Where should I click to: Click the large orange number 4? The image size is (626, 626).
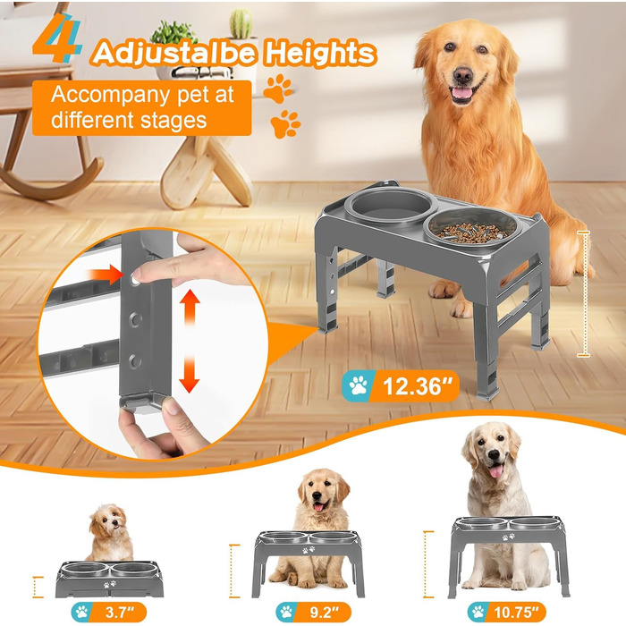(55, 38)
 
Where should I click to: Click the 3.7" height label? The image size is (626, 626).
(108, 612)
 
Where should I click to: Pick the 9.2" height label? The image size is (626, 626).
(313, 612)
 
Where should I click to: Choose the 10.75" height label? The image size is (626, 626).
(506, 612)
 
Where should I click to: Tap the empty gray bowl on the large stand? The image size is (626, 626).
(391, 207)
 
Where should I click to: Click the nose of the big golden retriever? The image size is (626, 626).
(463, 74)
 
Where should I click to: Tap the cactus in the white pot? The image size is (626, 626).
(241, 24)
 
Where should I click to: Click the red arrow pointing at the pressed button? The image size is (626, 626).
(106, 275)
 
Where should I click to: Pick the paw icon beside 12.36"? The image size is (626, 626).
(358, 385)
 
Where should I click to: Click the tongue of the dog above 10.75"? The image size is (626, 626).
(496, 471)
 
